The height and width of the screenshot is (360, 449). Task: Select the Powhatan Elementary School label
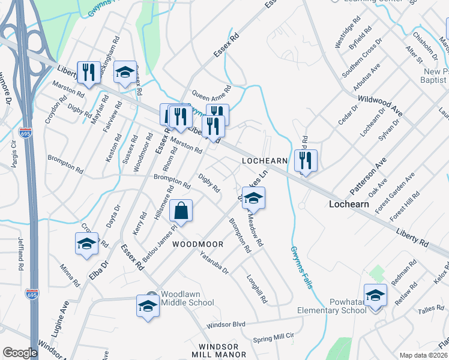click(332, 306)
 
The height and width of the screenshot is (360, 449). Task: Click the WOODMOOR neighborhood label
click(197, 244)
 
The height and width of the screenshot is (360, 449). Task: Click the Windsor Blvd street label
click(226, 325)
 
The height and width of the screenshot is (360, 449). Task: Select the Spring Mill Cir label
click(274, 338)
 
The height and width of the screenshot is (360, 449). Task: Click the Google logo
click(20, 353)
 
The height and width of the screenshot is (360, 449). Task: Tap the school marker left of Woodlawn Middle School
click(147, 306)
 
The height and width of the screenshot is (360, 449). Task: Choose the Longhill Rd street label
click(257, 289)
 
